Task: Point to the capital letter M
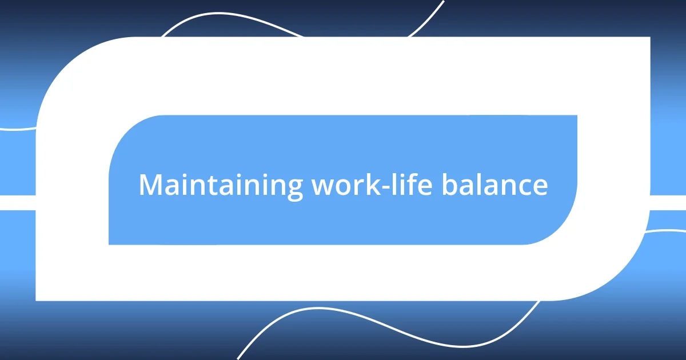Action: [x=150, y=185]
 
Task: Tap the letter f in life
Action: [x=413, y=184]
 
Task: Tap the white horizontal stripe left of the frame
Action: [x=17, y=202]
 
